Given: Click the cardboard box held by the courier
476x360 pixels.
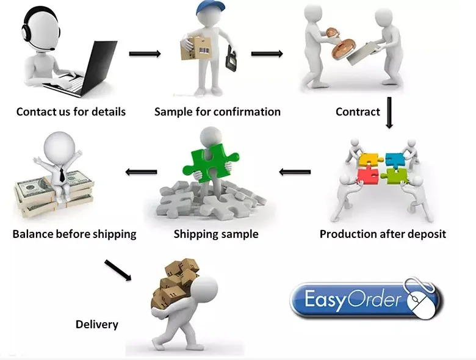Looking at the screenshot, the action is coord(196,49).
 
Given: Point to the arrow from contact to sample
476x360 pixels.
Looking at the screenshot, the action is coord(145,54).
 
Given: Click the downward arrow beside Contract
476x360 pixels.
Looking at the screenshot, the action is coord(389,113).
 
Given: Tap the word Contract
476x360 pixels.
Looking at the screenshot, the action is coord(358,112).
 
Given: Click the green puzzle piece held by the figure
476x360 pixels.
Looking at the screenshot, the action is coord(211,163).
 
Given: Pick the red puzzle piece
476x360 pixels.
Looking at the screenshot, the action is coord(367,177).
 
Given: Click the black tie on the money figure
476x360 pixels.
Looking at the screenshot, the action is coord(62,175).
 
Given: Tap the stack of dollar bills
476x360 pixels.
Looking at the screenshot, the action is coord(53,194).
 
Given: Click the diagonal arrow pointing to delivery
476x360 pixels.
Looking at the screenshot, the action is coord(118,270).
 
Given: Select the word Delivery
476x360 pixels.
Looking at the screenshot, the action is coord(97,324).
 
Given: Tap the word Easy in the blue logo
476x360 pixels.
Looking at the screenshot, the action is coord(325,300).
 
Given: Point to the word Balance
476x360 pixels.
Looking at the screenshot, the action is coord(33,234).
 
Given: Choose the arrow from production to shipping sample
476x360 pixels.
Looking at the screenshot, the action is coord(295,172).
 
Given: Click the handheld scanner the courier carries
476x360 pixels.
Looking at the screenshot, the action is coord(231,59).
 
